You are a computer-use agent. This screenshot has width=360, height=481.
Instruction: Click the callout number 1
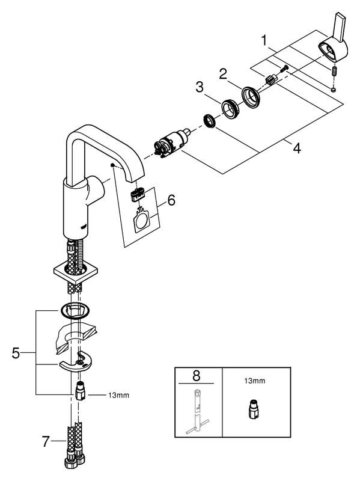264,40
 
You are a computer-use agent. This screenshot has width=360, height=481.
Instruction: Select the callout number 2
223,74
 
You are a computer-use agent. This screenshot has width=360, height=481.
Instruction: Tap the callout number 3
200,87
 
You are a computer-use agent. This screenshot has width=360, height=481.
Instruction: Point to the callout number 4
296,148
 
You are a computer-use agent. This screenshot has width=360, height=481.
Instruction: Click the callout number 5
16,353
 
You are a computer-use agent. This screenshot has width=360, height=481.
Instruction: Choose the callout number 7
46,442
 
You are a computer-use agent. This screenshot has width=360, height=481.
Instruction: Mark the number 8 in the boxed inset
197,375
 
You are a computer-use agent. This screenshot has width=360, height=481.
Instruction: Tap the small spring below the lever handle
335,72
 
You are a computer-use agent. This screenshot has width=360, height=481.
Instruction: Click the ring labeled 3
230,108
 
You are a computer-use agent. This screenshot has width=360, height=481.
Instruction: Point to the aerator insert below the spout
138,195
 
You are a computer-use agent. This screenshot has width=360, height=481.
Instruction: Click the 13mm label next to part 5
118,396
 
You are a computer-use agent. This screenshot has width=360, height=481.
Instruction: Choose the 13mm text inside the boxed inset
254,381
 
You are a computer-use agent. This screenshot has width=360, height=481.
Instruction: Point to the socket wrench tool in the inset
198,411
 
